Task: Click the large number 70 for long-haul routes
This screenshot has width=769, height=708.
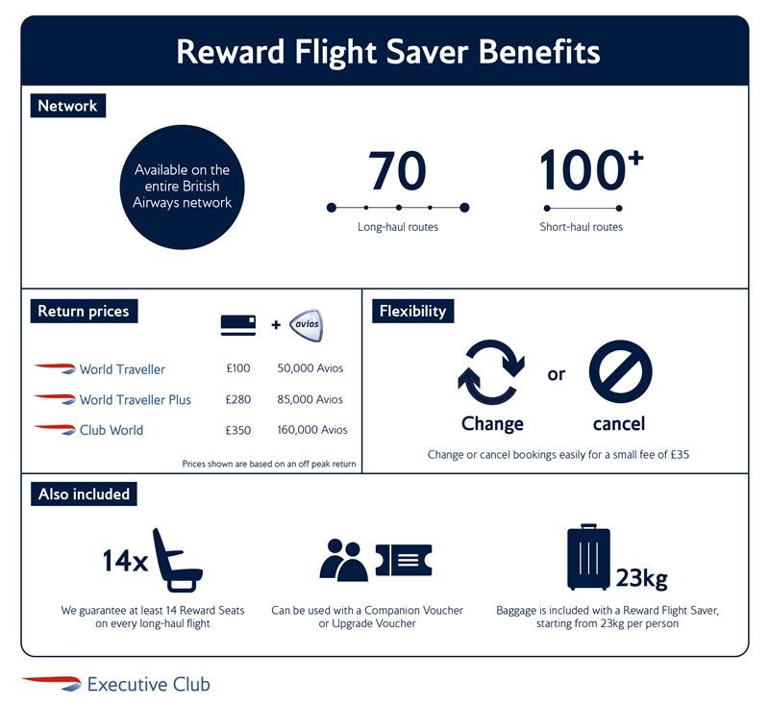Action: tap(397, 170)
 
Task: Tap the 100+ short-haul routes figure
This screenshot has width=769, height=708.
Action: tap(591, 169)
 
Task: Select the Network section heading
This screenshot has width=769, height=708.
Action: tap(67, 106)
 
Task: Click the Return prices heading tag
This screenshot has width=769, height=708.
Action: tap(84, 311)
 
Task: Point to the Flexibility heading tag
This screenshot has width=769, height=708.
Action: tap(413, 311)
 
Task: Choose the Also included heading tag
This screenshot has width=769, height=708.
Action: tap(84, 494)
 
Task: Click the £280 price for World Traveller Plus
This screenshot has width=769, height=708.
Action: tap(237, 399)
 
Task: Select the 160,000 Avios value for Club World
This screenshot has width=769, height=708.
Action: tap(311, 430)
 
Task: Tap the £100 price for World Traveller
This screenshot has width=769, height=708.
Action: tap(237, 368)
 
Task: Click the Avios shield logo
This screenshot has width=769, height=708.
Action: tap(306, 325)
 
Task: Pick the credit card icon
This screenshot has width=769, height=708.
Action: tap(238, 325)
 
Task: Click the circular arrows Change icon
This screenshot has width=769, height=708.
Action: tap(491, 372)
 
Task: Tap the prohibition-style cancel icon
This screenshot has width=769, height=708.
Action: tap(620, 371)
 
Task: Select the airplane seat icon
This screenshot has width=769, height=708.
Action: tap(177, 560)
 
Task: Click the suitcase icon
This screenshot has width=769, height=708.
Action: tap(588, 556)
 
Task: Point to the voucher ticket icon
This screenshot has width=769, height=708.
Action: tap(404, 560)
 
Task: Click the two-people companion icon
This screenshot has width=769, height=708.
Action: tap(343, 560)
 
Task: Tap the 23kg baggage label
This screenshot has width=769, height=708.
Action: tap(641, 578)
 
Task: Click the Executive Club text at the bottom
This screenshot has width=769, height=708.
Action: tap(149, 684)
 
